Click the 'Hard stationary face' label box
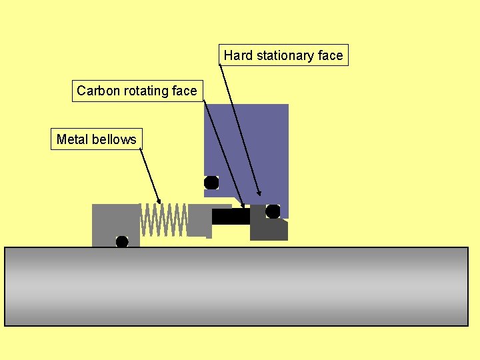coord(283,55)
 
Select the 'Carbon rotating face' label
coord(137,91)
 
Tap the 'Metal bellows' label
coord(96,139)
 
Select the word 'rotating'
coord(147,91)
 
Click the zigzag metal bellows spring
coord(163,220)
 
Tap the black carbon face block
coord(231,216)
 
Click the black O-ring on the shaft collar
coord(122,241)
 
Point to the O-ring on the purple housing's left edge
coord(211,182)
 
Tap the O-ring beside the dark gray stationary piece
coord(273,211)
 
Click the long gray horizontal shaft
coord(237,287)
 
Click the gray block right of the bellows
coord(199,220)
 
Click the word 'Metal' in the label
coord(71,139)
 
